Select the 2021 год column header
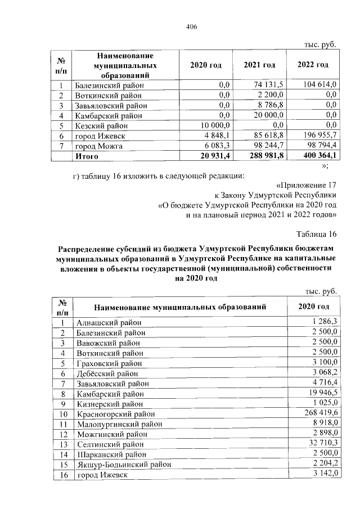[x=259, y=65]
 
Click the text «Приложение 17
[x=307, y=184]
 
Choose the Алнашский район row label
[x=108, y=323]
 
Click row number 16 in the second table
[x=63, y=475]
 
